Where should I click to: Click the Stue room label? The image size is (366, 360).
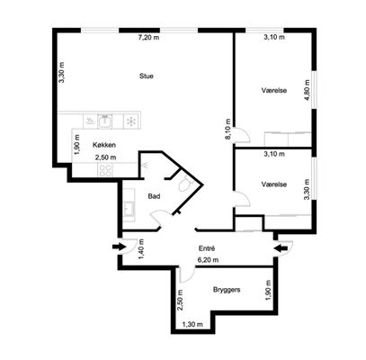pos(147,76)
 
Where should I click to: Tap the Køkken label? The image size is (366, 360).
pos(104,145)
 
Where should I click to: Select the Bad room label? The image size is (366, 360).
pos(154,196)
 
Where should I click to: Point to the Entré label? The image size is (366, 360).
pos(207,248)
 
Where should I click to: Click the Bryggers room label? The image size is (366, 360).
pos(227,290)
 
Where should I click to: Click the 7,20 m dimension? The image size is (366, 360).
pos(148,38)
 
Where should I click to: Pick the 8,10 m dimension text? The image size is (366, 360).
pos(228,129)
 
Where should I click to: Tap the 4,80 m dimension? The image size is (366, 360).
pos(307,90)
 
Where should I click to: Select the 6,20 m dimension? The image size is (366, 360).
pos(208,260)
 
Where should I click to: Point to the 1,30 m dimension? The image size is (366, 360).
pos(192,324)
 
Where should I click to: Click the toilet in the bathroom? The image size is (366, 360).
pos(183,184)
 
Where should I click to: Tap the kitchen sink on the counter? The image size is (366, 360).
pos(104,121)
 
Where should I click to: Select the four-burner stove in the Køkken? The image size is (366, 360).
pos(105,170)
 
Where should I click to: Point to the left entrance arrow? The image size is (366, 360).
pos(119,247)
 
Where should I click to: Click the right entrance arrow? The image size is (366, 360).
pos(281,248)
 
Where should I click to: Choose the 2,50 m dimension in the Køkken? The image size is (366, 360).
pos(106,157)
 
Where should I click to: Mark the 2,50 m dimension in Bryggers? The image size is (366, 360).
pos(180,301)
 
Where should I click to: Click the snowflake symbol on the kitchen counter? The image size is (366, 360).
pos(131,121)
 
